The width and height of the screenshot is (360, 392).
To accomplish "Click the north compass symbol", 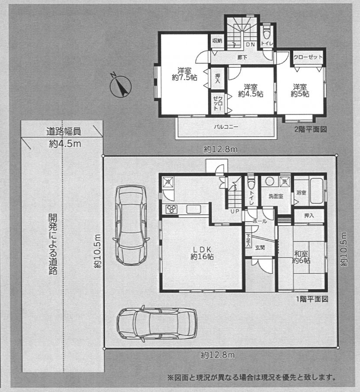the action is pos(121,86).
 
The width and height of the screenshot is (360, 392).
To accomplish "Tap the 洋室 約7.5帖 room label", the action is pos(184,74).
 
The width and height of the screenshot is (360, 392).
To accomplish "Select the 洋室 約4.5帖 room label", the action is pos(251,91).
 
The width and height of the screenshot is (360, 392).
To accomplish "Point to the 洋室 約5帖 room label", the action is pos(300,91).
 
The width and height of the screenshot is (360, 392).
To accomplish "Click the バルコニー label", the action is pos(226,127).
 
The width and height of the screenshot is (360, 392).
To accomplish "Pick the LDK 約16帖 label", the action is pos(202,253).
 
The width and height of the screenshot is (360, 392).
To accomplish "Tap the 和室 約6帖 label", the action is pos(301,257).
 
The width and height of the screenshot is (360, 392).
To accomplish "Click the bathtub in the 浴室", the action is pos(316,191).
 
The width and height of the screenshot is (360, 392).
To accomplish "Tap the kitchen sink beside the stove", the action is pos(193,209).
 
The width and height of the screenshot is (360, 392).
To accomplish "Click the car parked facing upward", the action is pos(131,225).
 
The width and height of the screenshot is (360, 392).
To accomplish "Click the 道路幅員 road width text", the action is pos(63,131).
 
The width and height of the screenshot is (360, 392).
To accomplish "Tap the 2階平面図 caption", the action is pos(311,130).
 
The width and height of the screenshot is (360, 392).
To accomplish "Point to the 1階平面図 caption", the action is pos(312,299).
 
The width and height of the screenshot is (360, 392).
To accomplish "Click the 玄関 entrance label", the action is pos(260,248).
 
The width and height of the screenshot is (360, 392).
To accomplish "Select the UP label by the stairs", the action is pos(235,212).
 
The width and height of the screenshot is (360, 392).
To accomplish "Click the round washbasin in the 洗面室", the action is pos(269,181).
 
